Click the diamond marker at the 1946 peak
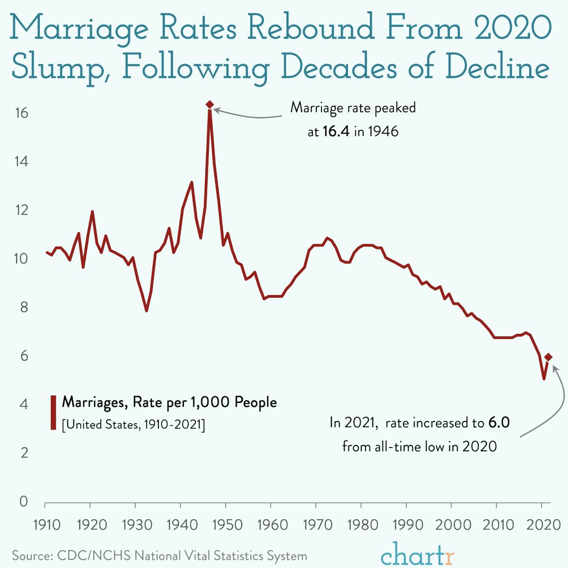coord(210,104)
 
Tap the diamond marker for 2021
coord(549,357)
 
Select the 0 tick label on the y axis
coord(23,502)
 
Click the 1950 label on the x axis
coord(226,525)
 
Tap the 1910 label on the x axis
coord(46,525)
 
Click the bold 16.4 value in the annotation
coord(336,131)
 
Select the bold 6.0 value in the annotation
coord(499,422)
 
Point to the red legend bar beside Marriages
coord(53,412)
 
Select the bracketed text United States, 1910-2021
coord(133,424)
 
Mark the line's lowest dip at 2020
coord(544,379)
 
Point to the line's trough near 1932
coord(147,311)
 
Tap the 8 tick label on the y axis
coord(23,308)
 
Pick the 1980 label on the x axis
coord(361,525)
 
